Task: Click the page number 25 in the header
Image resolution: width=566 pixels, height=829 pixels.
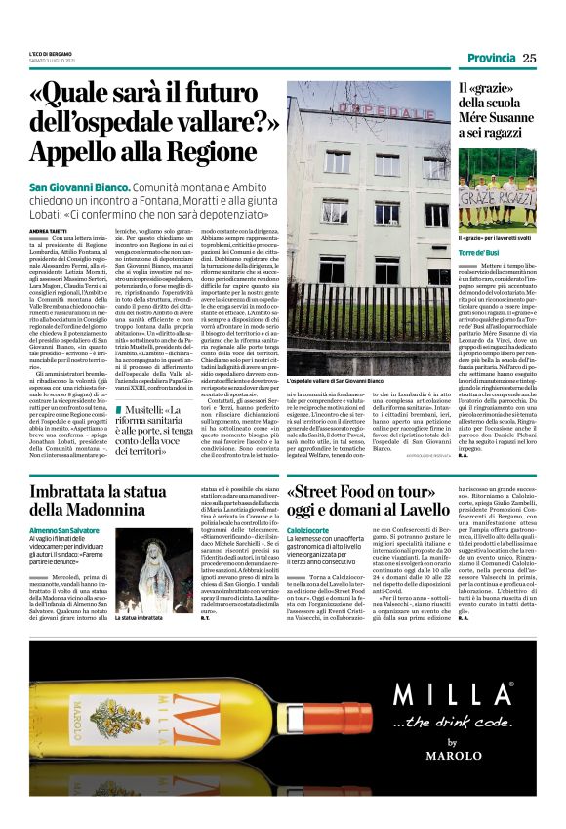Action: [x=529, y=59]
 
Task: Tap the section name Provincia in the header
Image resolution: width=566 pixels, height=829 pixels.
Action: [x=492, y=59]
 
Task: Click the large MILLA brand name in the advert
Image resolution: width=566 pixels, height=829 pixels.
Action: [x=449, y=694]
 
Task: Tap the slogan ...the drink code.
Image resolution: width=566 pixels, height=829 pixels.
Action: [x=449, y=723]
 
